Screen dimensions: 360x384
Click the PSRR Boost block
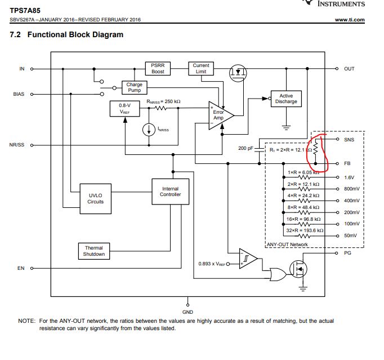[158, 69]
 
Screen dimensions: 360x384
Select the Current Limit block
[200, 69]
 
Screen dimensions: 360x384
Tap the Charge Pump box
[135, 87]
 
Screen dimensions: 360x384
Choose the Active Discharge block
[286, 99]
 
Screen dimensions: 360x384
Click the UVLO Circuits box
[95, 198]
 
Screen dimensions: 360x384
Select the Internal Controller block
[170, 192]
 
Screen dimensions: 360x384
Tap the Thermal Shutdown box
[94, 251]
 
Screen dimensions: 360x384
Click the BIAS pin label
[19, 94]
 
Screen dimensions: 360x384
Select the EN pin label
[21, 268]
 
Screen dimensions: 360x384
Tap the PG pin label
[347, 254]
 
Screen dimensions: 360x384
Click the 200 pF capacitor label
[247, 149]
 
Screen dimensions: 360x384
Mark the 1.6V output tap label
[349, 177]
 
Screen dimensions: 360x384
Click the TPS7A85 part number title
[25, 10]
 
